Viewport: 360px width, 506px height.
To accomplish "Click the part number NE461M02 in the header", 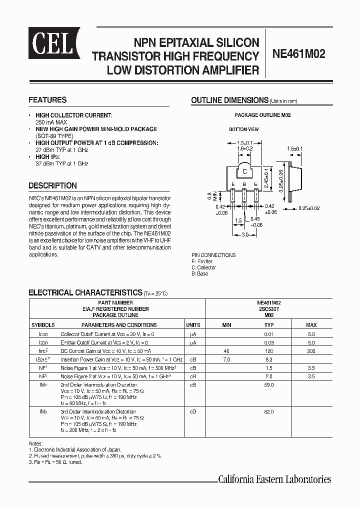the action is point(298,54).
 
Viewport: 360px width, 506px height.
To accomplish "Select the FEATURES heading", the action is point(47,100).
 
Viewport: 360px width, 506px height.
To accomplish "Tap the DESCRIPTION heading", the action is point(52,185).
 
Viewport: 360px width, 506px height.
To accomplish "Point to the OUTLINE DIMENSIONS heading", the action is point(229,100).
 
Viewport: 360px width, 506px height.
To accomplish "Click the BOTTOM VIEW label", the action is point(244,129).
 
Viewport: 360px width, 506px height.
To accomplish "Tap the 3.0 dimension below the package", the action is point(244,235).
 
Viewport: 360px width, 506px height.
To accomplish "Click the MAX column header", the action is point(311,325).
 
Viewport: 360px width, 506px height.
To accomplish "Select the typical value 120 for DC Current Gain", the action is point(269,351).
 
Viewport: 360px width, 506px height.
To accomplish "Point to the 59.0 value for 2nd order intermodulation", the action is point(269,385).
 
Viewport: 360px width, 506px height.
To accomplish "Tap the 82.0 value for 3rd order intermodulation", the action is point(269,411).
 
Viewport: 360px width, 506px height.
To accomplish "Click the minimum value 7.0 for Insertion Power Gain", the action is point(226,360).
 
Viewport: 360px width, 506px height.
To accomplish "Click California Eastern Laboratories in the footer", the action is point(274,479).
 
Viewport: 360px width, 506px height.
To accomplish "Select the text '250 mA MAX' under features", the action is point(51,122).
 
